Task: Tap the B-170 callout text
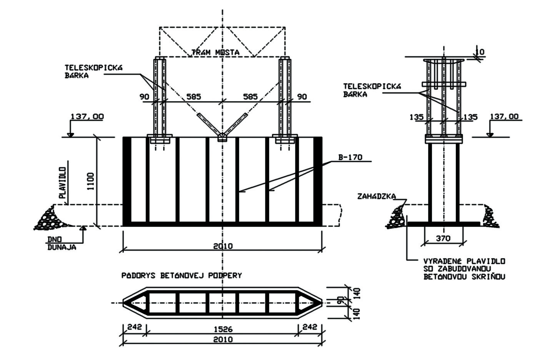tap(350, 157)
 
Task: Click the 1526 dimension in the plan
tap(223, 330)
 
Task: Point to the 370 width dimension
tap(443, 238)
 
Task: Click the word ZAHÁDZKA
tap(376, 196)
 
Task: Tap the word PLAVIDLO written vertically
tap(63, 182)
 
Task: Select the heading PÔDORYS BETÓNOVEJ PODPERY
tap(182, 275)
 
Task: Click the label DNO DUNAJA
tap(62, 243)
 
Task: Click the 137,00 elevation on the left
tap(87, 116)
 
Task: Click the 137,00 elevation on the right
tap(504, 116)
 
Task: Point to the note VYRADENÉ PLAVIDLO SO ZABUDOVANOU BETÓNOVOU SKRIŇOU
tap(464, 268)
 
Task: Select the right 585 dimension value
tap(250, 97)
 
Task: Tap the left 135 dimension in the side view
tap(417, 117)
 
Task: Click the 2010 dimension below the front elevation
tap(223, 246)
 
